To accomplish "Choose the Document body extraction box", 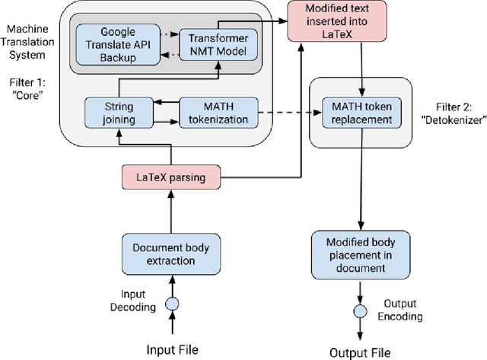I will coord(170,253).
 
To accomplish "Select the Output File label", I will coord(360,352).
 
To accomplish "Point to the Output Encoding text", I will coord(403,311).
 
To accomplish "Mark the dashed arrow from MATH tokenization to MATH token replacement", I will coord(282,114).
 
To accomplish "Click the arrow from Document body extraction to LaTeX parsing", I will coord(171,211).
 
